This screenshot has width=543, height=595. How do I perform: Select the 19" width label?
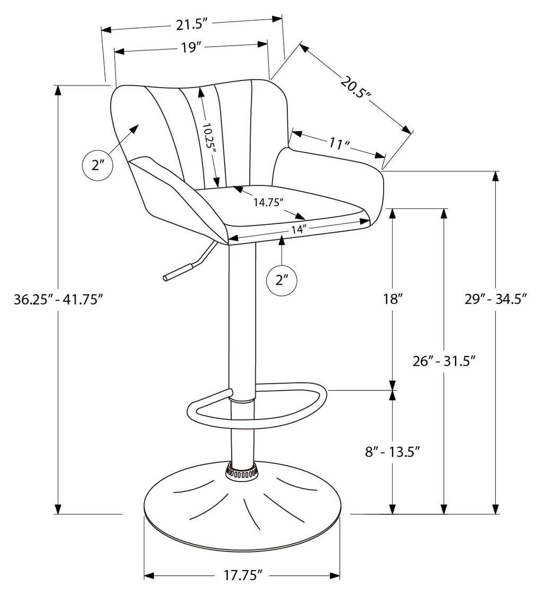pos(190,48)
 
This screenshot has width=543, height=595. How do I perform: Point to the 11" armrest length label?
pos(339,143)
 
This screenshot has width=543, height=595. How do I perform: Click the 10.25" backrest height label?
pos(208,138)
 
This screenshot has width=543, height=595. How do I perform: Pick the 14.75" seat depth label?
pos(269,202)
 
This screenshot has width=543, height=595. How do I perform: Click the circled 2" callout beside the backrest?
pos(98,165)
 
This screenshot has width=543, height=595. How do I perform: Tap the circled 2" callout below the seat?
pos(282,281)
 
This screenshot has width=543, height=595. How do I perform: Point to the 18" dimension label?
pos(392,299)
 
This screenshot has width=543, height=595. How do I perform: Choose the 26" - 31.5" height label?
pos(444,361)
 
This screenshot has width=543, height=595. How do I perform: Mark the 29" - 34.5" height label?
pos(496,299)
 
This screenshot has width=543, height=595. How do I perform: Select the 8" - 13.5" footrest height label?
pos(393,452)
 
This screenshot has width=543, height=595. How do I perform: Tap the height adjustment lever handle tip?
pos(166,278)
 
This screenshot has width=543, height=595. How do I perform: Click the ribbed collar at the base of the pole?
pos(241,472)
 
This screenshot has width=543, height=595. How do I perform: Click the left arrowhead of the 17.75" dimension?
pos(149,587)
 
